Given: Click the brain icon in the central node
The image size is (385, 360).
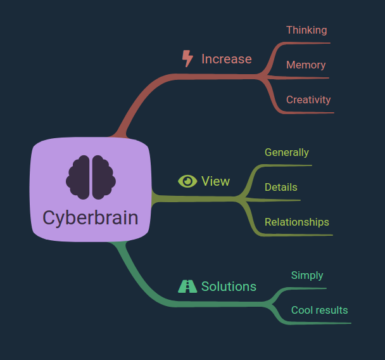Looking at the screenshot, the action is [x=91, y=177].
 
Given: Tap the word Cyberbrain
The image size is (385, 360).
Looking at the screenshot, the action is [x=91, y=218].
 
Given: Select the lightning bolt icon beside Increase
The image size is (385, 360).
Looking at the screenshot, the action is [x=187, y=58].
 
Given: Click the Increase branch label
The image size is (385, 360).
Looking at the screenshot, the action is [x=227, y=59].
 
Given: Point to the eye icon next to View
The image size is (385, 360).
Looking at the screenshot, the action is [x=187, y=181].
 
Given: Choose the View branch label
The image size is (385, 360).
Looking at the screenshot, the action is [x=215, y=181].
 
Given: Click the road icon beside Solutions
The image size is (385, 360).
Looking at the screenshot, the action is [x=187, y=286].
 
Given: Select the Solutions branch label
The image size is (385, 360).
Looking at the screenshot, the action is [x=229, y=286].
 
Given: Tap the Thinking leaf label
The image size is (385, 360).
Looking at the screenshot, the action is [x=306, y=30].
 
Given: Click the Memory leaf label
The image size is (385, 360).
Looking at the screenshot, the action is [x=306, y=65].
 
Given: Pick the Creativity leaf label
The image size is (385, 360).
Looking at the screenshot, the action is [x=308, y=100].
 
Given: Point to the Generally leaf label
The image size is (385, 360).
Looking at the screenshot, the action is [x=287, y=153].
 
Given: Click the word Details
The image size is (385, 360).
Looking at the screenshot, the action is [x=281, y=187].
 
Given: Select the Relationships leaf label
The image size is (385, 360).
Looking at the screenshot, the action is [x=297, y=222].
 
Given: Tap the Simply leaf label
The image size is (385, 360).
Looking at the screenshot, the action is [x=307, y=276].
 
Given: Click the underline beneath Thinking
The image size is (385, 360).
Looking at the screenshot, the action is [x=306, y=43].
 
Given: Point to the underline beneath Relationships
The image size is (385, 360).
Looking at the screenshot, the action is [x=296, y=235].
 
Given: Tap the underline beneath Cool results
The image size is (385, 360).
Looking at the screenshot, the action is [x=319, y=323].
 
